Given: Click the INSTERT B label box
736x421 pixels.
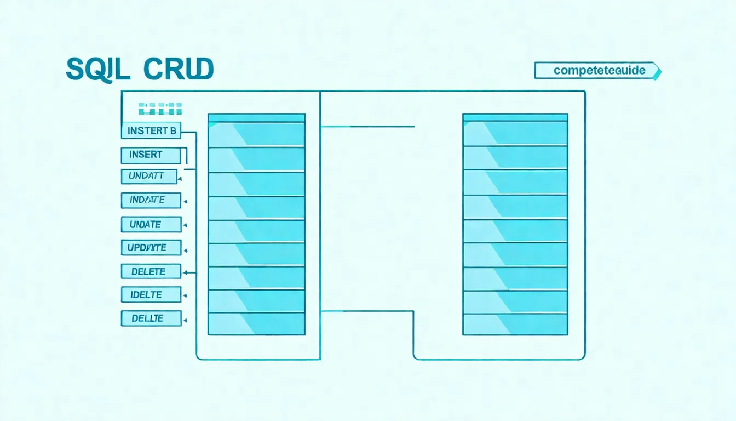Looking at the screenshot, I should click(x=151, y=130).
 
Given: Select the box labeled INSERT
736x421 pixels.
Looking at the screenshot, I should click(x=150, y=155).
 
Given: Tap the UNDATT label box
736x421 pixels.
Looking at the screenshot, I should click(x=149, y=177).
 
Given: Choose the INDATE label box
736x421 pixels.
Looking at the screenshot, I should click(x=151, y=200).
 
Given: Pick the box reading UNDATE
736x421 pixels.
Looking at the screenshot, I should click(x=151, y=224).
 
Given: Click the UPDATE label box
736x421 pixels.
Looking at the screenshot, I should click(x=151, y=248).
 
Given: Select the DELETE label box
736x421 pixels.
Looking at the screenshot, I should click(x=151, y=271).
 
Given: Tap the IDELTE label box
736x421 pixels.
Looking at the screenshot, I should click(x=151, y=294).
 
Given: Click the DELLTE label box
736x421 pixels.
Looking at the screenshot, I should click(x=151, y=318).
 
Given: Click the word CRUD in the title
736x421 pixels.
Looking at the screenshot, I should click(x=179, y=70).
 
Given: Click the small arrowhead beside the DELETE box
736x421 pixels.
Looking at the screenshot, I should click(x=186, y=272).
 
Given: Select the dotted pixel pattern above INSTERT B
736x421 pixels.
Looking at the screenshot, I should click(x=160, y=108).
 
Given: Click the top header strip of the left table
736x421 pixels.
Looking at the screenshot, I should click(x=256, y=117).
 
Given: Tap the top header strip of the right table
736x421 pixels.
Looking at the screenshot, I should click(x=515, y=117).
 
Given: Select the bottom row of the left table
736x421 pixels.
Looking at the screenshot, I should click(x=256, y=323).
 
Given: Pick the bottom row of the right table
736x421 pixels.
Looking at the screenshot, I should click(x=515, y=324).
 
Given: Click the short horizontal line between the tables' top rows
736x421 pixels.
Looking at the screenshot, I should click(x=367, y=127).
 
